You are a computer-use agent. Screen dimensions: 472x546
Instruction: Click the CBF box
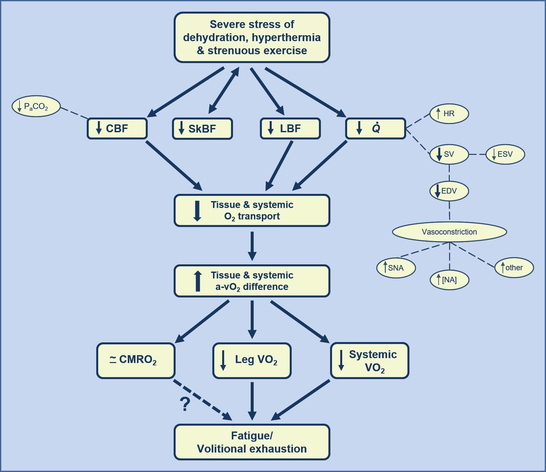pyautogui.click(x=117, y=129)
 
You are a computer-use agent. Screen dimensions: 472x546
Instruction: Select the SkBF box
pyautogui.click(x=202, y=129)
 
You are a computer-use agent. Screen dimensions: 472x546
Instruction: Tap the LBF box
pyautogui.click(x=290, y=129)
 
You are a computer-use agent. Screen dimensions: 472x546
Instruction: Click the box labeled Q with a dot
pyautogui.click(x=375, y=129)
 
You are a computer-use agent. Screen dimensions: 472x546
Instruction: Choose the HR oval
pyautogui.click(x=449, y=114)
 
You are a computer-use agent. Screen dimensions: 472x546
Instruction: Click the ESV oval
pyautogui.click(x=505, y=154)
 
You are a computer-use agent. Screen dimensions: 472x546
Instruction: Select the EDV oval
pyautogui.click(x=449, y=191)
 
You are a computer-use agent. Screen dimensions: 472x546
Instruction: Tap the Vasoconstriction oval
pyautogui.click(x=449, y=232)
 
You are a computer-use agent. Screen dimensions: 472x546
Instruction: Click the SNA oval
pyautogui.click(x=396, y=268)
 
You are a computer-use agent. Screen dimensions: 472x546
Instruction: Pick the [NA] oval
pyautogui.click(x=449, y=280)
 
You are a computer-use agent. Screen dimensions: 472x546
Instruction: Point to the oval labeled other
pyautogui.click(x=514, y=267)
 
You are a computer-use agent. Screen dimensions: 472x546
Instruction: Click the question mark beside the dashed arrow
pyautogui.click(x=185, y=404)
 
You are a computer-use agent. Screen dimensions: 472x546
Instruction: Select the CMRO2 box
pyautogui.click(x=136, y=360)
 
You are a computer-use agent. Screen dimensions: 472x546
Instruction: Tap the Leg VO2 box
pyautogui.click(x=252, y=360)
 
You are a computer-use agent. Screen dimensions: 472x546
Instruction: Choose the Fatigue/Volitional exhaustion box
pyautogui.click(x=252, y=442)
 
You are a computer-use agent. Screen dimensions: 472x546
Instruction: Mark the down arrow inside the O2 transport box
pyautogui.click(x=197, y=211)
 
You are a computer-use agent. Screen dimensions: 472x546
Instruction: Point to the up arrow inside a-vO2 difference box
pyautogui.click(x=197, y=281)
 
